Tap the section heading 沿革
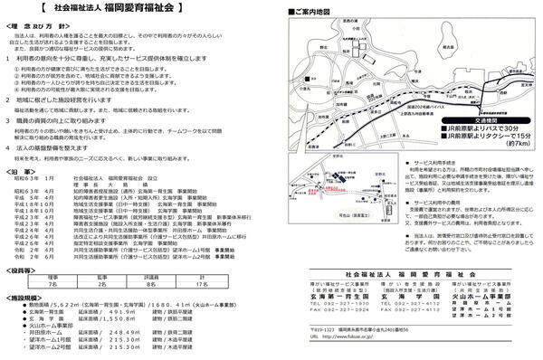click(27, 170)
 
